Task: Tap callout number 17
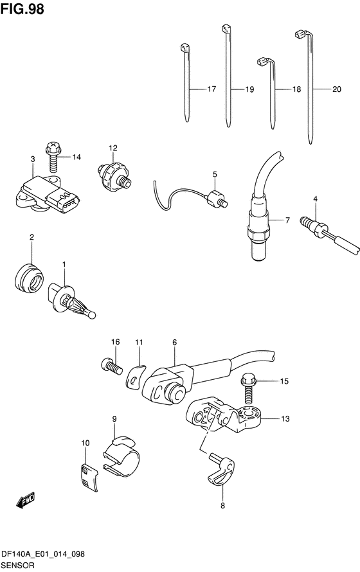212,89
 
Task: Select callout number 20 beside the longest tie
337,89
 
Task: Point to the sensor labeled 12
114,174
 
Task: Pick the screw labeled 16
111,366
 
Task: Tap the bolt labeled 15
248,389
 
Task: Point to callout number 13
285,419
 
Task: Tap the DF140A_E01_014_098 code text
43,554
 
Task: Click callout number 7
287,220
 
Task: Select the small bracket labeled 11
135,377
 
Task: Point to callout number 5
215,174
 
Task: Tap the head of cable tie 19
226,28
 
